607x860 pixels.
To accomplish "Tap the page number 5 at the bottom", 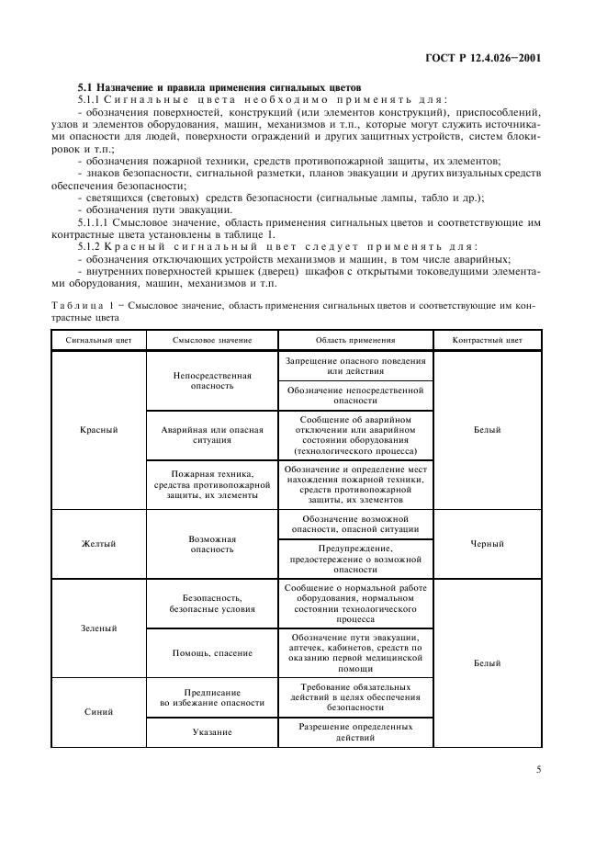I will [x=537, y=770].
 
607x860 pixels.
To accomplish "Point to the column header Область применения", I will [x=354, y=340].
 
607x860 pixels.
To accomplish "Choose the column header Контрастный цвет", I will [x=487, y=340].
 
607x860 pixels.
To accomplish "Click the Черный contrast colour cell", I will [x=487, y=544].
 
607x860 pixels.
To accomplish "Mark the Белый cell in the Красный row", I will [x=487, y=429].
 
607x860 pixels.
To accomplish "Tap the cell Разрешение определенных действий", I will [x=354, y=732].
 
